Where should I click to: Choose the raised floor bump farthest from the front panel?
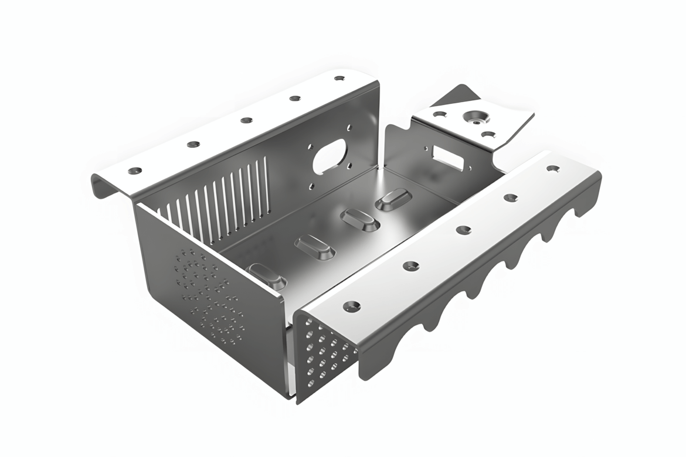392,199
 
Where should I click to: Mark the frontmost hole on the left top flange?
135,170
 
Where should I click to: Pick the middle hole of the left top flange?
246,120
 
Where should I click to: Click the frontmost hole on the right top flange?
351,305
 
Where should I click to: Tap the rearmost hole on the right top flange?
552,168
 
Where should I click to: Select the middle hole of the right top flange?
463,229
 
